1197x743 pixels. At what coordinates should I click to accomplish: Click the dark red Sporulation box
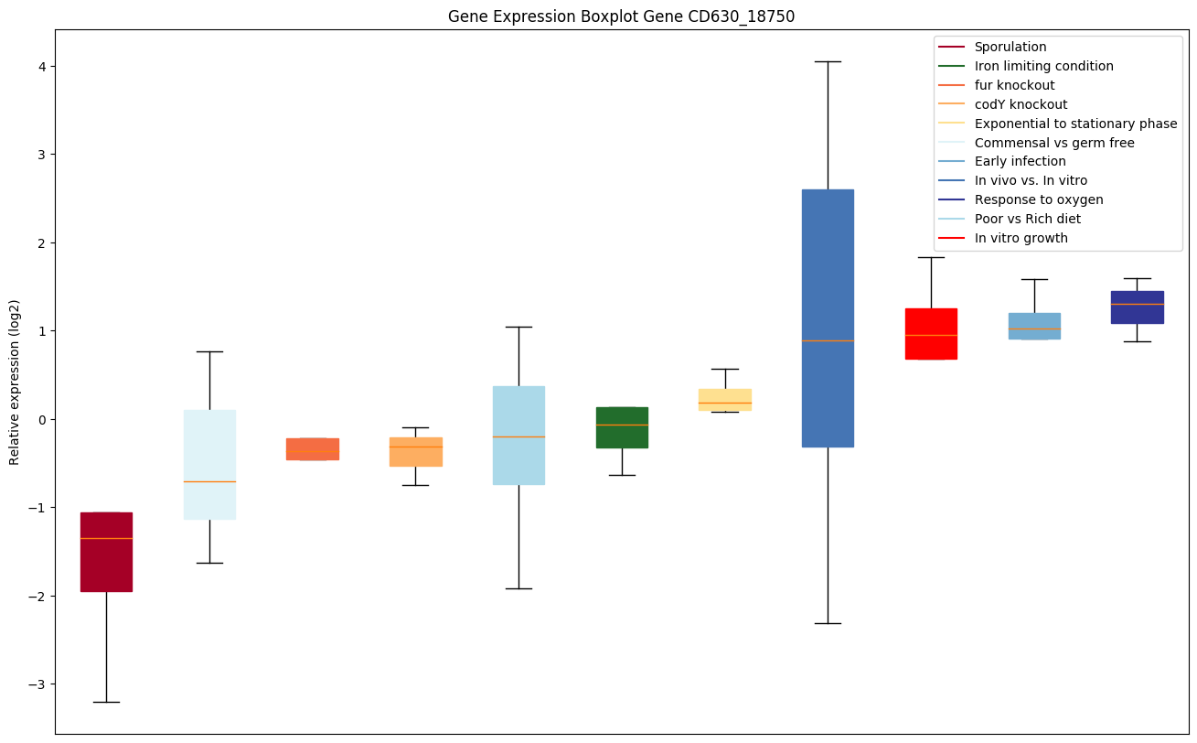coord(106,552)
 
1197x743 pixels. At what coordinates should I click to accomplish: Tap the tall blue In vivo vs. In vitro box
coord(828,318)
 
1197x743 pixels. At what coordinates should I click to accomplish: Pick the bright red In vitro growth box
coord(931,333)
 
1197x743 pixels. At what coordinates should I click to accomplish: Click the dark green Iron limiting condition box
coord(622,427)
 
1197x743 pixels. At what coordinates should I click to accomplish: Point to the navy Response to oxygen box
coord(1137,307)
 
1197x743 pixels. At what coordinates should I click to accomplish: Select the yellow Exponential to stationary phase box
coord(725,400)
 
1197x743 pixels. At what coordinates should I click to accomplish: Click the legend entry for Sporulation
coord(1010,47)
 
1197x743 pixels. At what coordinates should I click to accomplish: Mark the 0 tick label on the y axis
coord(40,419)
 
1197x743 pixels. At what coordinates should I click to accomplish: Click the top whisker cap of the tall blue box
coord(828,61)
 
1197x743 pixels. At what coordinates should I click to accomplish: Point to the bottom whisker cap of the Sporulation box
coord(106,702)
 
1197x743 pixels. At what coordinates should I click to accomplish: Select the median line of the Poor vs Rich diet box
coord(518,436)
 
